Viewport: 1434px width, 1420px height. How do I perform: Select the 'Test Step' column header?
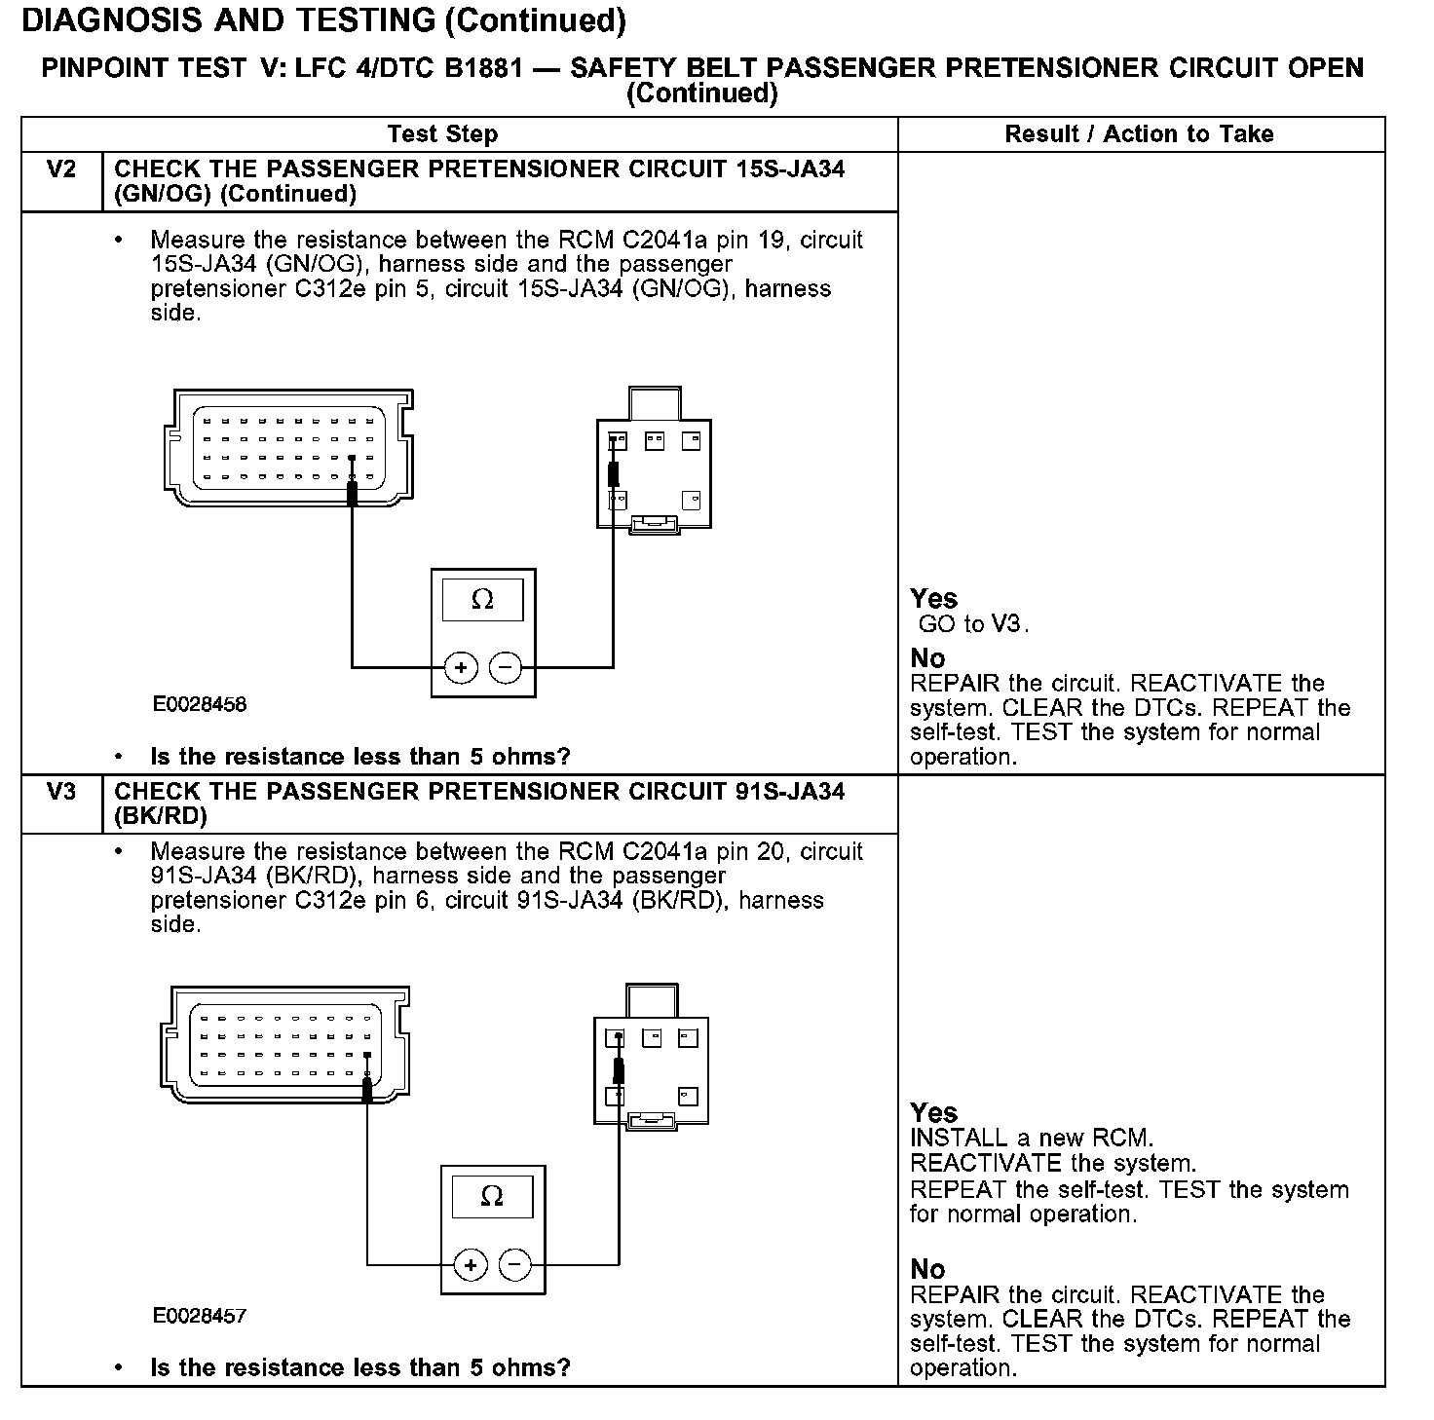[442, 134]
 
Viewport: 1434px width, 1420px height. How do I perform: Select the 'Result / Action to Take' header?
[1139, 134]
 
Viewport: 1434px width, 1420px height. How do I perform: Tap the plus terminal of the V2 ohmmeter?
[460, 668]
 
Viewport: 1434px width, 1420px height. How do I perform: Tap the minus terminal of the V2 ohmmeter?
[505, 668]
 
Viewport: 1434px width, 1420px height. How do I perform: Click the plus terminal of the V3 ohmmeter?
[470, 1265]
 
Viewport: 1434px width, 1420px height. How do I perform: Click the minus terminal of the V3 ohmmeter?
[515, 1265]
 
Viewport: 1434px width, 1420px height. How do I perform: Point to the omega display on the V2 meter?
[482, 600]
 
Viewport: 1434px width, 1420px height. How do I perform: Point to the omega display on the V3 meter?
[492, 1196]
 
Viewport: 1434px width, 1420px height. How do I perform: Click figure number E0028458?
[200, 704]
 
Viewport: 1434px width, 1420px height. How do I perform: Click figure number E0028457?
[200, 1316]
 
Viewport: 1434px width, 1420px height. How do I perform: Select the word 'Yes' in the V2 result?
[933, 598]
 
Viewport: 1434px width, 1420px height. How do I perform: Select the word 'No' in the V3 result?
[927, 1269]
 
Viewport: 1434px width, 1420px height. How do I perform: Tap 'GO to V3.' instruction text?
[973, 623]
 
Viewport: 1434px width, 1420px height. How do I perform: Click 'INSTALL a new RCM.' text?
[1032, 1138]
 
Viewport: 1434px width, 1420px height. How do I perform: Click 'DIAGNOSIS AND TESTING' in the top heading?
[229, 19]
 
